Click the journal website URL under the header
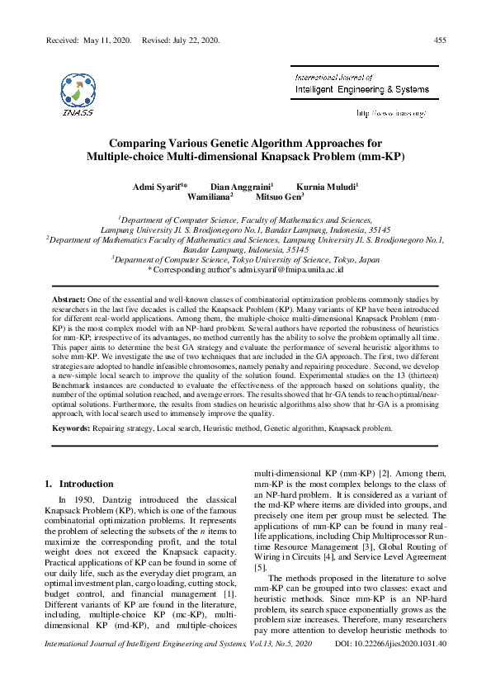pos(390,111)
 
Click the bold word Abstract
pos(68,297)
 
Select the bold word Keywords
pos(72,428)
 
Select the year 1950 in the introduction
pos(79,500)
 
